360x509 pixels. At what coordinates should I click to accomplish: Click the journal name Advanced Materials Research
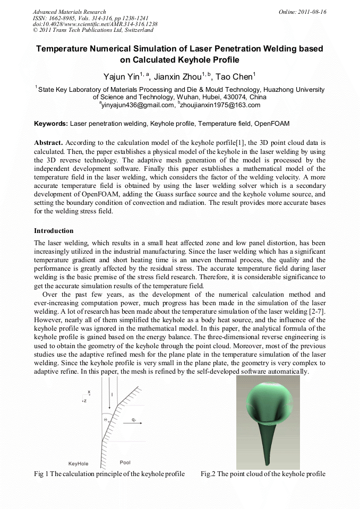pyautogui.click(x=69, y=12)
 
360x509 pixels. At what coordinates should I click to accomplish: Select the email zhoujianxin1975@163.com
pyautogui.click(x=219, y=105)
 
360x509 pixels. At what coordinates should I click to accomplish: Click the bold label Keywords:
pyautogui.click(x=51, y=124)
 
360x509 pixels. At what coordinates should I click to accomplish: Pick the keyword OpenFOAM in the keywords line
pyautogui.click(x=271, y=124)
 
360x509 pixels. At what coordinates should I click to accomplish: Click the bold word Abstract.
pyautogui.click(x=49, y=143)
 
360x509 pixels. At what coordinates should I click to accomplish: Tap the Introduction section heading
pyautogui.click(x=54, y=231)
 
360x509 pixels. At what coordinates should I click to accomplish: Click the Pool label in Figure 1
pyautogui.click(x=125, y=462)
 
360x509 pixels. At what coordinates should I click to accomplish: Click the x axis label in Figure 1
pyautogui.click(x=89, y=392)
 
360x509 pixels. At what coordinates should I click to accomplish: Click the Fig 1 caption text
pyautogui.click(x=109, y=474)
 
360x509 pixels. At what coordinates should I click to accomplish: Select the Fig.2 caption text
pyautogui.click(x=262, y=474)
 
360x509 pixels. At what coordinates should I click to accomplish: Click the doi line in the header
pyautogui.click(x=95, y=24)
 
